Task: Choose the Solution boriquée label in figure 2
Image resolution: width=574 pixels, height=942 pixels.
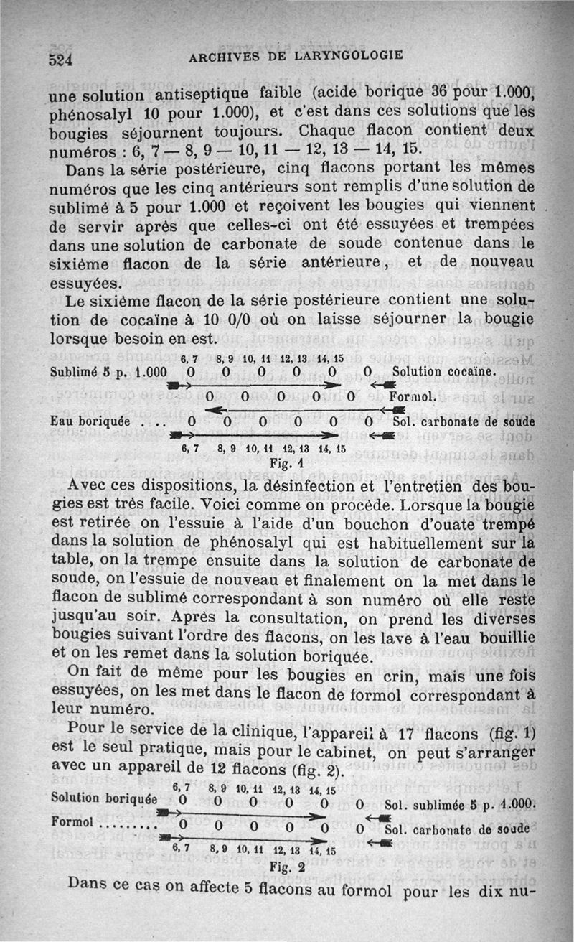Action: (x=104, y=798)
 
